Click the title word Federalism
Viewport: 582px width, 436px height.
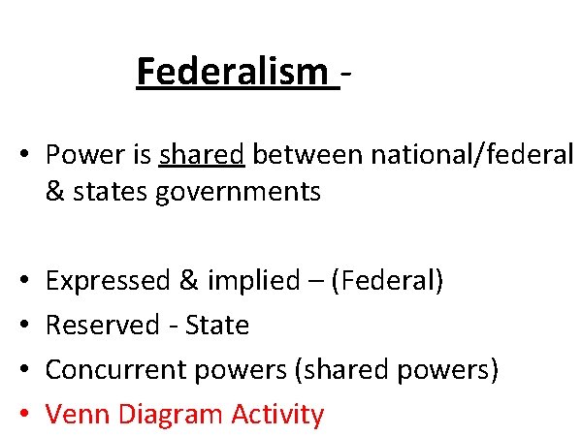(233, 72)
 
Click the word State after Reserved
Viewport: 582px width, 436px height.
(219, 326)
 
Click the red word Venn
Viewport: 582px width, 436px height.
(78, 415)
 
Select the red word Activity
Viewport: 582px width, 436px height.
(278, 415)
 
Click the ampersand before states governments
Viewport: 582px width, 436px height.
(54, 192)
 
